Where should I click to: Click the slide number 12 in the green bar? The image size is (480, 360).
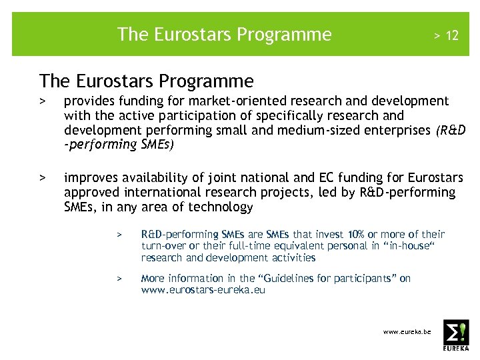click(452, 35)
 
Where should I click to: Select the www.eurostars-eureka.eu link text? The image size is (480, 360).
click(203, 290)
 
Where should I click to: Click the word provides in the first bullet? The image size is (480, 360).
click(88, 101)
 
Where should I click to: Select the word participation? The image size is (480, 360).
click(193, 115)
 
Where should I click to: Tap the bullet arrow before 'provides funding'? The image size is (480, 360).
click(42, 101)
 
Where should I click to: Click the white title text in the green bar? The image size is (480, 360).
click(224, 34)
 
